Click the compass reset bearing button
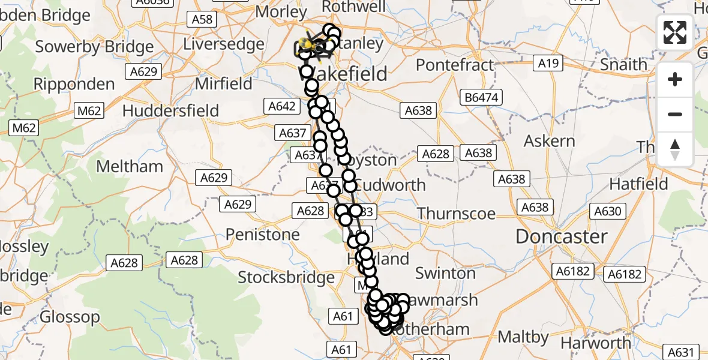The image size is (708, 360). [675, 149]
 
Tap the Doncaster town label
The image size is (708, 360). [561, 236]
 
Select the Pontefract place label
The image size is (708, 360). [454, 64]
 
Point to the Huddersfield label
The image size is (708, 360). [170, 110]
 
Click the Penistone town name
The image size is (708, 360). [263, 234]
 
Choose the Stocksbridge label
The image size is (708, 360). [286, 277]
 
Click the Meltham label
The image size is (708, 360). [130, 166]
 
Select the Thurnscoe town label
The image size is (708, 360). [456, 214]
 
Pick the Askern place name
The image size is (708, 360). [549, 141]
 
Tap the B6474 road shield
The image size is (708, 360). [482, 97]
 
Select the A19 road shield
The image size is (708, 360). [548, 63]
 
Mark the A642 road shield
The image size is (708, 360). [280, 106]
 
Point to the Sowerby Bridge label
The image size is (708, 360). [95, 46]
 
